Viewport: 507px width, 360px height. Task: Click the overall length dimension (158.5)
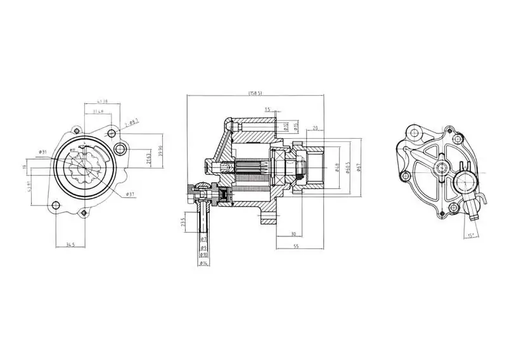click(x=255, y=94)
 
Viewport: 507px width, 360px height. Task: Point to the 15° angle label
click(x=471, y=235)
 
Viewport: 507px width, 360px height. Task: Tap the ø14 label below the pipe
click(x=203, y=262)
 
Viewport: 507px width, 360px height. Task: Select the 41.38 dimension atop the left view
click(x=101, y=101)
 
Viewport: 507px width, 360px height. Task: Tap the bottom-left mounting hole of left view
click(x=55, y=205)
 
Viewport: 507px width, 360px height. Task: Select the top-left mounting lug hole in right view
click(x=414, y=132)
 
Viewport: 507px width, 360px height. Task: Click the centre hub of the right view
click(x=441, y=168)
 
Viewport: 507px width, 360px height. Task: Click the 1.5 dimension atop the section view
click(x=267, y=109)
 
